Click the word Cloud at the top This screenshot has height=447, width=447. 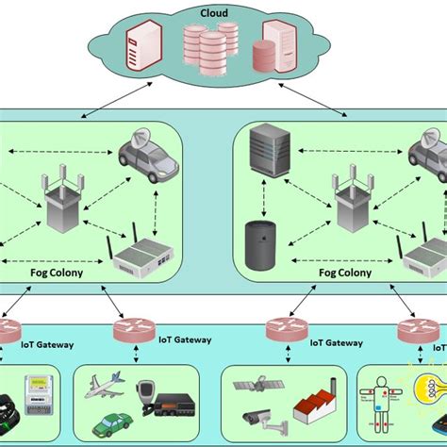tap(215, 13)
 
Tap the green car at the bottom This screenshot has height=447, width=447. tap(110, 421)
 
